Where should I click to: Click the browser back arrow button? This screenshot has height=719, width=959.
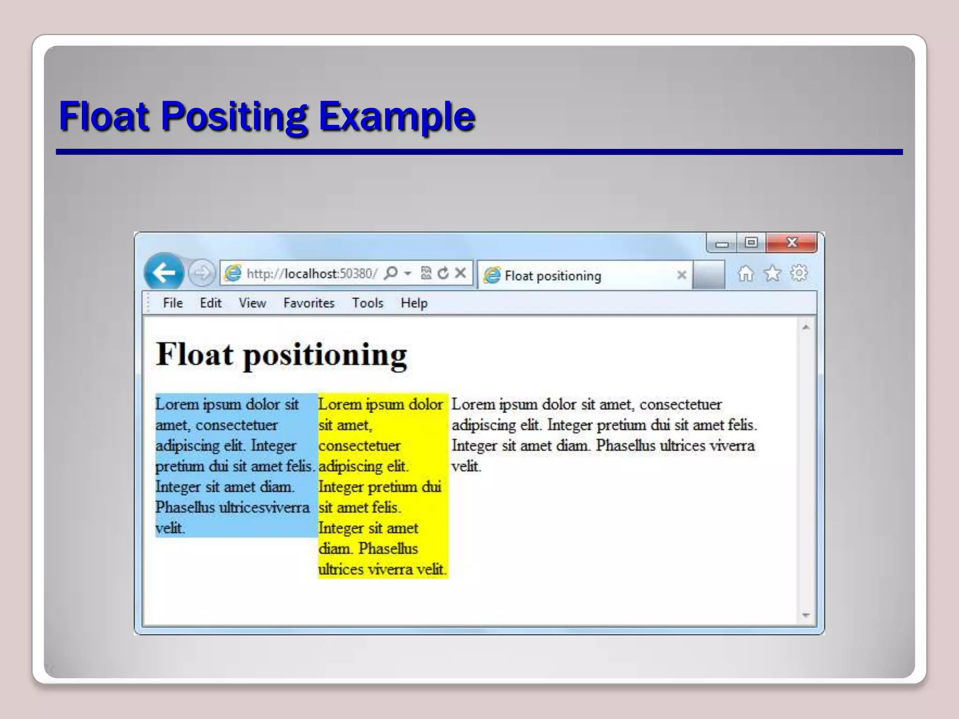tap(164, 272)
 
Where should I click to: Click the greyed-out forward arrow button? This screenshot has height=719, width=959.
tap(202, 272)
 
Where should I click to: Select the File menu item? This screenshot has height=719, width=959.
tap(173, 303)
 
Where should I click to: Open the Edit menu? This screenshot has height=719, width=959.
tap(210, 303)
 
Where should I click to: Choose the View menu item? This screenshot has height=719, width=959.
tap(252, 303)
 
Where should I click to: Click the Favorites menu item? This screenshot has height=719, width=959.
tap(309, 303)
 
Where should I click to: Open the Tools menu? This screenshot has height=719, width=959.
tap(368, 303)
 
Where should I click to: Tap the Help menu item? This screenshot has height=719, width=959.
tap(414, 303)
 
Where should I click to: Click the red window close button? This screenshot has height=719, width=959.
tap(792, 242)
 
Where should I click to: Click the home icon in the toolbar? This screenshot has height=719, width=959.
tap(745, 273)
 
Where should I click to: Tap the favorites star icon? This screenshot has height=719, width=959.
tap(772, 273)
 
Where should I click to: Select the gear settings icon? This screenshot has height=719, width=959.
tap(799, 273)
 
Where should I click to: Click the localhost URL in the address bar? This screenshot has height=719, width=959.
tap(311, 273)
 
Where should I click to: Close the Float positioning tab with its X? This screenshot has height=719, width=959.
tap(682, 275)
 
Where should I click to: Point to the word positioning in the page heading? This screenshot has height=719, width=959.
tap(325, 355)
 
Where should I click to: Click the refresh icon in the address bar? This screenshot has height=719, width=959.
tap(443, 273)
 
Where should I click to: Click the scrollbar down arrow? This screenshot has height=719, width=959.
tap(806, 615)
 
